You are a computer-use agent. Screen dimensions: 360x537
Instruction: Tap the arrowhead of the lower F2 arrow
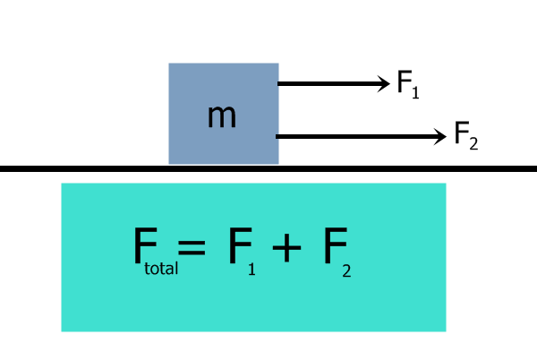point(439,136)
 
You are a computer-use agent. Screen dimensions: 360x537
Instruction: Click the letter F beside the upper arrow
point(405,83)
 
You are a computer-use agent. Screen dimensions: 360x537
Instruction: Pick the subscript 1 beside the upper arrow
point(416,91)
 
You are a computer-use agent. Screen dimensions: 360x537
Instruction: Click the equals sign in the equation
point(192,246)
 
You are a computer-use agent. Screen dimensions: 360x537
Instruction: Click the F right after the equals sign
point(239,245)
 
